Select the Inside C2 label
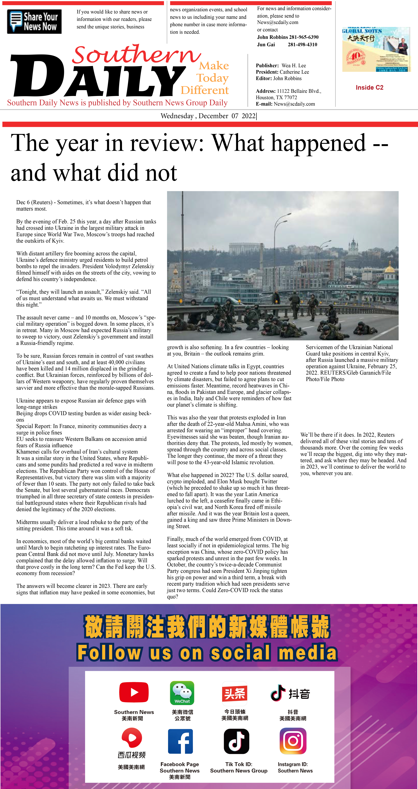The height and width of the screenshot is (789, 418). pos(369,88)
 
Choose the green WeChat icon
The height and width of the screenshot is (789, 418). pos(182,693)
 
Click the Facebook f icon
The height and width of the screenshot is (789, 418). pos(180,741)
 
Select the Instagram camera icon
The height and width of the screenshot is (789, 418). pos(293,741)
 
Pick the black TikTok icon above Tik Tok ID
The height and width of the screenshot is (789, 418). pos(236,741)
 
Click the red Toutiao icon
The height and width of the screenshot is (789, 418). pos(235,693)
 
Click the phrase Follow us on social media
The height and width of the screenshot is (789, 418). pos(207,653)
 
